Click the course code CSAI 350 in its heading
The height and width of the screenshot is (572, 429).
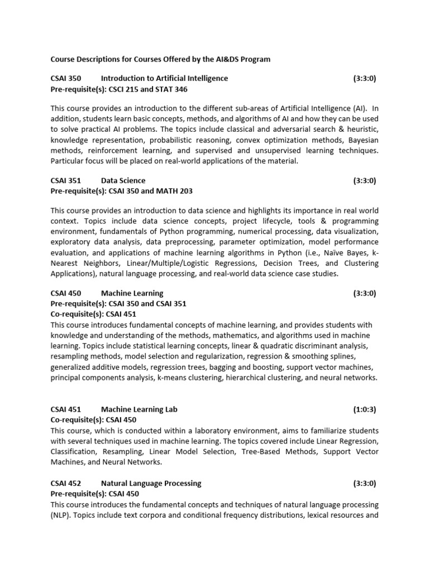(x=66, y=79)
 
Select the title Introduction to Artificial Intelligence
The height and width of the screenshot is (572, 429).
(x=164, y=79)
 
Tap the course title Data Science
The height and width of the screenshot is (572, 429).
(x=123, y=180)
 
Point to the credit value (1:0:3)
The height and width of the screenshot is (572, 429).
(x=364, y=409)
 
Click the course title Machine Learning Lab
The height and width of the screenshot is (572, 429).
(x=139, y=409)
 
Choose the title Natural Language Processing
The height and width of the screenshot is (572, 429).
(x=151, y=483)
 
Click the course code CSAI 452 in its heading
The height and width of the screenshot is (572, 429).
(x=66, y=483)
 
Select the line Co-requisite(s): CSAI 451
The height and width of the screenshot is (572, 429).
(x=93, y=314)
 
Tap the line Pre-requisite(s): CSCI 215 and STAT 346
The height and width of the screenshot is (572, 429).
(x=119, y=89)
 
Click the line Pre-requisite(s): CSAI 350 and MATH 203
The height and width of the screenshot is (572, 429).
(x=121, y=191)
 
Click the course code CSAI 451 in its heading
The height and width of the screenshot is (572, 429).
(x=66, y=409)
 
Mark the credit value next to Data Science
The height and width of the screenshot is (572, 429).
(x=364, y=180)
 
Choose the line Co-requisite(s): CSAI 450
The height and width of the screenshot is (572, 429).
(x=93, y=420)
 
